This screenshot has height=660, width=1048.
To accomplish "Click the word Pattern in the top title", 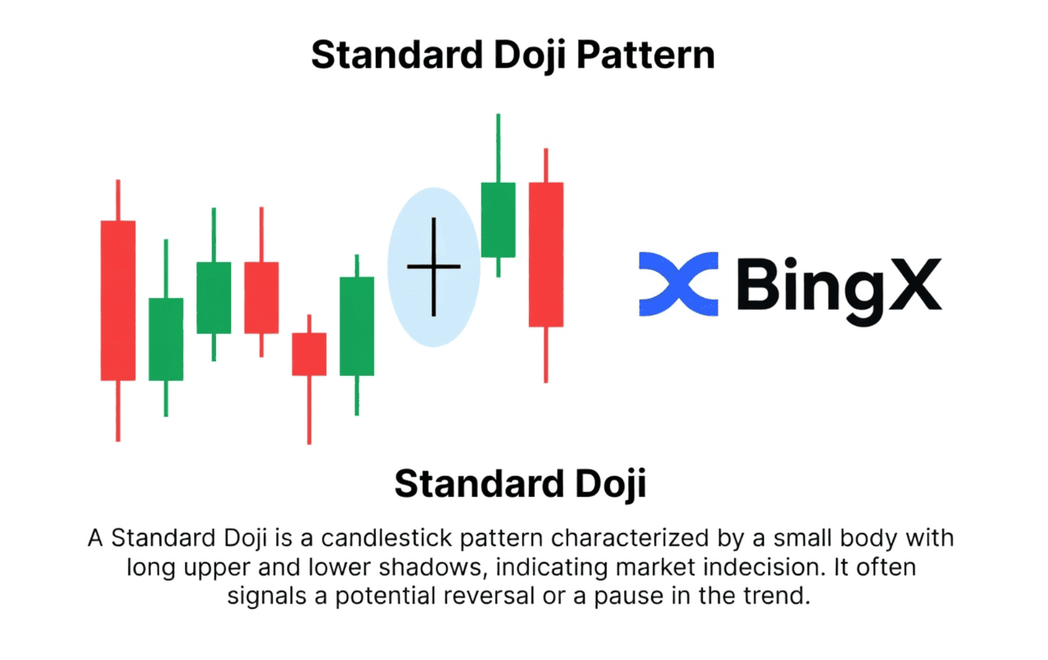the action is (646, 55).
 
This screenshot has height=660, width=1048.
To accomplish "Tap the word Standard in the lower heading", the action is (479, 483).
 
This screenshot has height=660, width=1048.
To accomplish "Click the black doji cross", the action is (434, 267).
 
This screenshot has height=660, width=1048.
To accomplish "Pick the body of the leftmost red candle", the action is (118, 301).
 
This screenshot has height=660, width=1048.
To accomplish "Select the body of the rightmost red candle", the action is (546, 255).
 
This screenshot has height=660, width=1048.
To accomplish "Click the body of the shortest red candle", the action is (309, 355).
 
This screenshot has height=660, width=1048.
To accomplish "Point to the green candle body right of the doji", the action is (499, 220).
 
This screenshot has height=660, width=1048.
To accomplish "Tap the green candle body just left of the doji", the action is (357, 326).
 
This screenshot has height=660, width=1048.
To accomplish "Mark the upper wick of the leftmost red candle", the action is (118, 200).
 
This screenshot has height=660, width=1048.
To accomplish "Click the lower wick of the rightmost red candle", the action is (546, 355).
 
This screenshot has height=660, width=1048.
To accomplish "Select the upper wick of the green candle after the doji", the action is (499, 148).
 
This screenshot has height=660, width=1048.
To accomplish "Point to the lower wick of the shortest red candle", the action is (309, 410).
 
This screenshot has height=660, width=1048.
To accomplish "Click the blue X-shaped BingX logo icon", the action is (679, 284).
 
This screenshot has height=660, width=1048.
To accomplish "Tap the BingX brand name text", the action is (839, 289).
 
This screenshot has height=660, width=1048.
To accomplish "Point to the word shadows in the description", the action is (430, 567).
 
